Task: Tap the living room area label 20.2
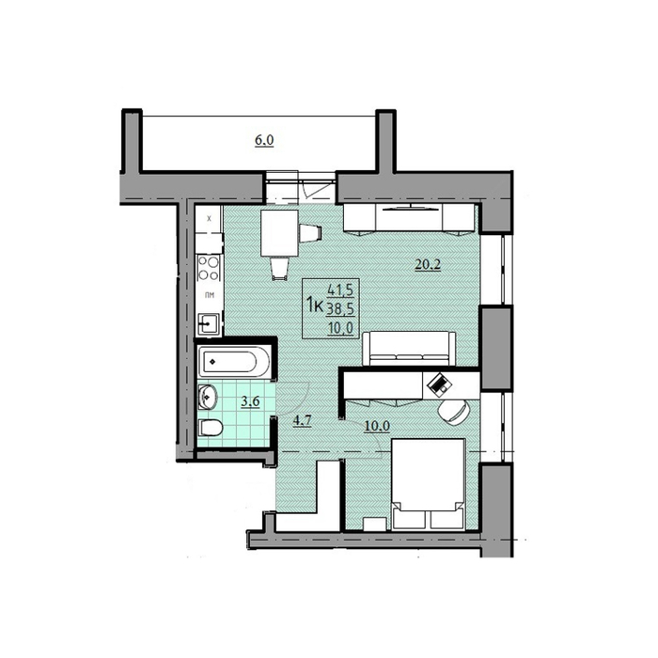tap(428, 264)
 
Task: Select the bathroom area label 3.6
tap(251, 403)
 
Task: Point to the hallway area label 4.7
tap(303, 420)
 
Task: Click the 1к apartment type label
tap(316, 304)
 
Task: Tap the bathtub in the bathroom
tap(235, 360)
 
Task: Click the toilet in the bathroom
tap(211, 430)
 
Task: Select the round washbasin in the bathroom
tap(209, 396)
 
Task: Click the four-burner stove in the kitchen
tap(209, 269)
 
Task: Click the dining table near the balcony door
tap(279, 232)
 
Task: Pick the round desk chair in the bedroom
tap(453, 412)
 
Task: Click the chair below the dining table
tap(281, 269)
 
